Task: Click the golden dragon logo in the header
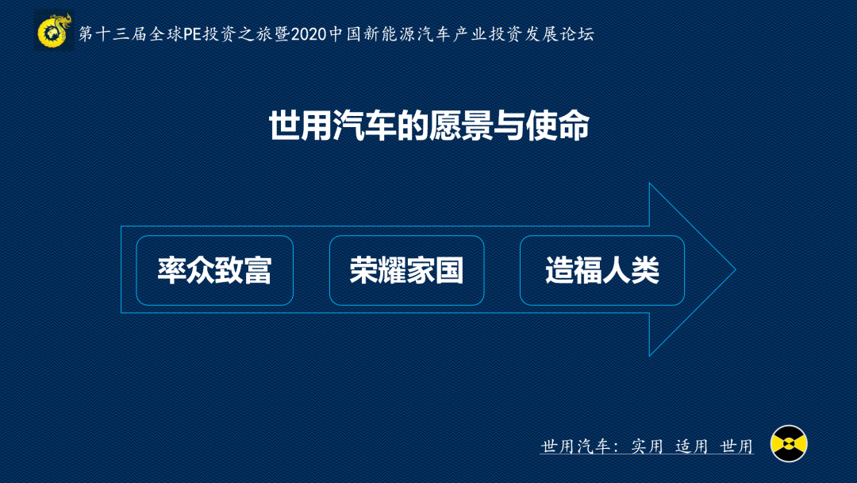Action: [54, 31]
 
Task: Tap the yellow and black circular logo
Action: [789, 443]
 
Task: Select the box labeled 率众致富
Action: [215, 270]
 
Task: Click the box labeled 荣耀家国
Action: [406, 270]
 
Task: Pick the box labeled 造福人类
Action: [602, 270]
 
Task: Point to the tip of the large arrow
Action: [736, 269]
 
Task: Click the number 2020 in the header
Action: [309, 34]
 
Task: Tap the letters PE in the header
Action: [192, 34]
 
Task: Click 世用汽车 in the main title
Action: [332, 126]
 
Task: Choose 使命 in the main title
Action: [557, 126]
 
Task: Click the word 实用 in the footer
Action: [648, 446]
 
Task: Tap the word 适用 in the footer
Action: [692, 446]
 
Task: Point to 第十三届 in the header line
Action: [113, 34]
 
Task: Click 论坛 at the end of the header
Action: [577, 34]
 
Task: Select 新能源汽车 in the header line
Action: [406, 34]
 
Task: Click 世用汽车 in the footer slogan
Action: [575, 446]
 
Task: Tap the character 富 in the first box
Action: [258, 270]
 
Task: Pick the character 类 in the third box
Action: [645, 270]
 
